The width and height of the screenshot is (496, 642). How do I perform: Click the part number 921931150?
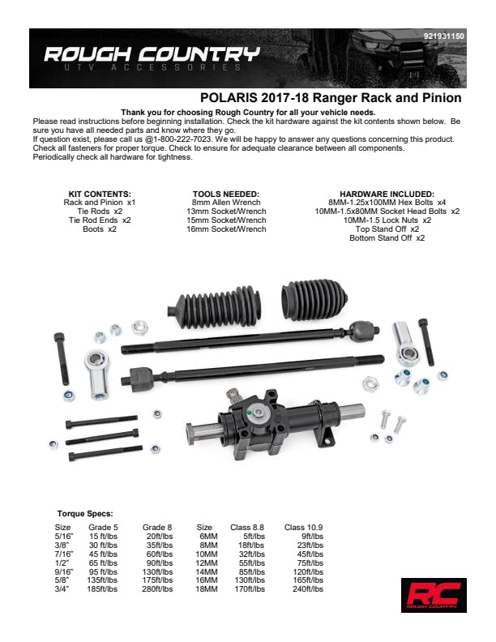coord(443,36)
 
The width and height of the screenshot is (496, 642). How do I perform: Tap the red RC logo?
coord(434,595)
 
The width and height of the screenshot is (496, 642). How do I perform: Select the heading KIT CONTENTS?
coord(100,194)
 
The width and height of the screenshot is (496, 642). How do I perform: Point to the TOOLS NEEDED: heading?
coord(226,194)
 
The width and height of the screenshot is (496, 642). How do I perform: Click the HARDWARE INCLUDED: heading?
coord(387,194)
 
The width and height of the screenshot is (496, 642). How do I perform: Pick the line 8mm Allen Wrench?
coord(226,203)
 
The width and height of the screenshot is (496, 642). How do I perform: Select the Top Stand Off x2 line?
coord(387,229)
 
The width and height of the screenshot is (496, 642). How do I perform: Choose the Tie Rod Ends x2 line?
coord(100,220)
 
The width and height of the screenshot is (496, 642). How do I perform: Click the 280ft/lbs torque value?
coord(157,589)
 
